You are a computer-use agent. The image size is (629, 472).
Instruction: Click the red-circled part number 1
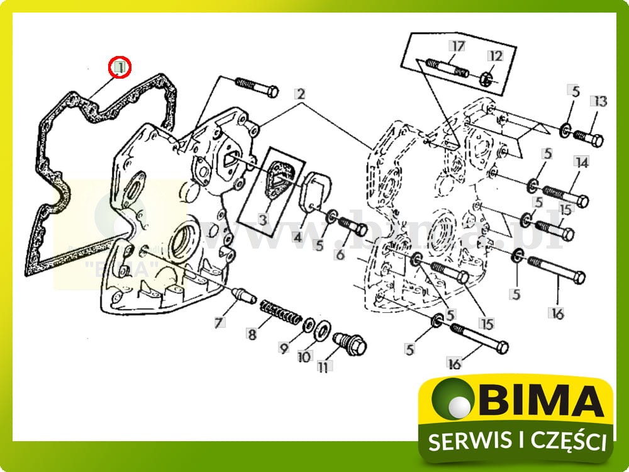(120, 66)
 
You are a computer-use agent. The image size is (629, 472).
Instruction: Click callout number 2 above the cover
(301, 94)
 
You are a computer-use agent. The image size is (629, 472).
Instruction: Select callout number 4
(296, 238)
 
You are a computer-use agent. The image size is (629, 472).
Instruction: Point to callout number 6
(340, 254)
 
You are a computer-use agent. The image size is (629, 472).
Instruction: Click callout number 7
(218, 323)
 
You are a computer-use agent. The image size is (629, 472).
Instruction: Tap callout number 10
(304, 357)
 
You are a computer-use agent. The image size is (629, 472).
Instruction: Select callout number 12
(496, 56)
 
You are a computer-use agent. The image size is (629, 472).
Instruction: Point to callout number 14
(581, 163)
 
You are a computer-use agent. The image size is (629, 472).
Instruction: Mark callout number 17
(457, 46)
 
